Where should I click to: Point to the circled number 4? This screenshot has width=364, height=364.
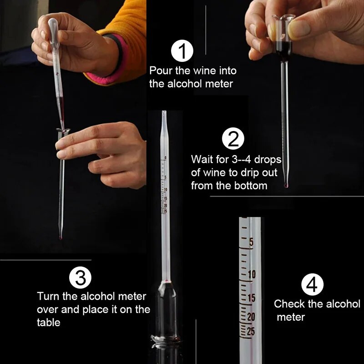(313, 285)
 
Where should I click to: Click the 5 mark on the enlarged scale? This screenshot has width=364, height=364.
(251, 243)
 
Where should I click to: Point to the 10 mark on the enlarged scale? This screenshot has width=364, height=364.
(252, 274)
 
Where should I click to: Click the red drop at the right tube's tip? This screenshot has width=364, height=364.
(286, 185)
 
